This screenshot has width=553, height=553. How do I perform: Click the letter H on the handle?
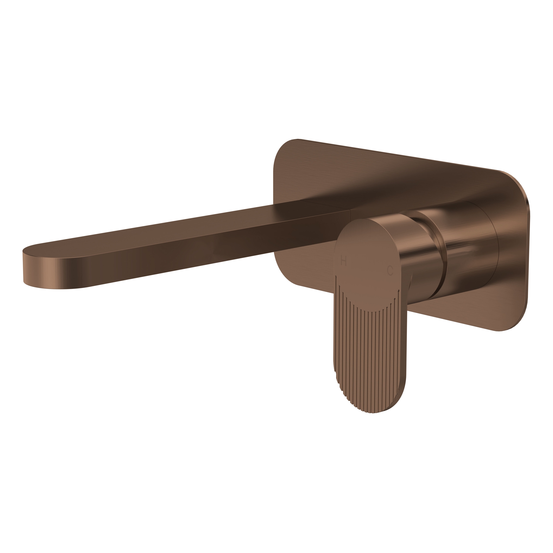point(344,261)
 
